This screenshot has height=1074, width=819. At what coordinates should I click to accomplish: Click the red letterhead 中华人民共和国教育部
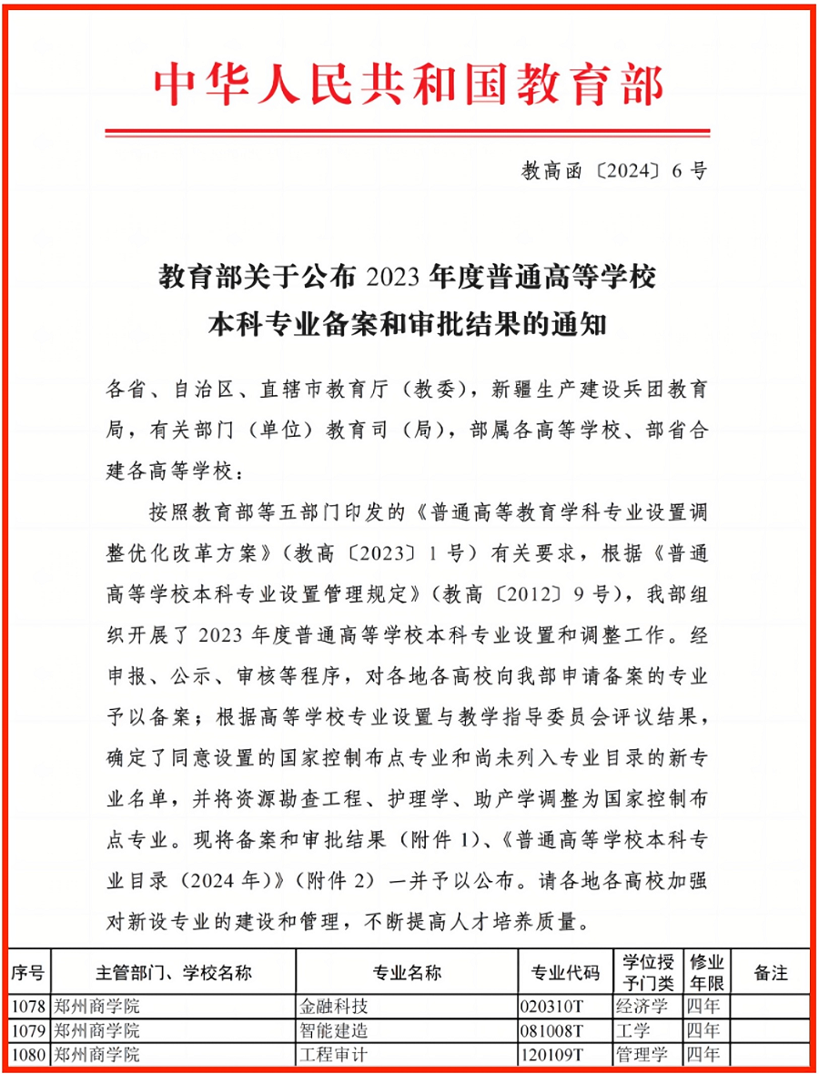409,86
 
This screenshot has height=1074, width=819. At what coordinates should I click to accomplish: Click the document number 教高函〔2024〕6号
613,171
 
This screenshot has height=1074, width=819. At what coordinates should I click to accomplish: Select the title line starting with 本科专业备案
409,323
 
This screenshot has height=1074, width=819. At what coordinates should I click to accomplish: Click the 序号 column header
27,973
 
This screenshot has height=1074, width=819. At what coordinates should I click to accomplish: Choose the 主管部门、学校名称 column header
173,973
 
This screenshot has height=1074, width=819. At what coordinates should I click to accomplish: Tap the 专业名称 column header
407,973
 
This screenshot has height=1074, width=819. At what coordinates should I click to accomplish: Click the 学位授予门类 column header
648,973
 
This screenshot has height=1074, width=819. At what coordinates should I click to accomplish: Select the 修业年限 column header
706,973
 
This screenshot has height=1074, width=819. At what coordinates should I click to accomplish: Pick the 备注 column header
770,973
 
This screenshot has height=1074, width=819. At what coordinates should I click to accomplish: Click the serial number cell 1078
27,1007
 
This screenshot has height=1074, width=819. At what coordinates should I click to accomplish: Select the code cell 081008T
550,1031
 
